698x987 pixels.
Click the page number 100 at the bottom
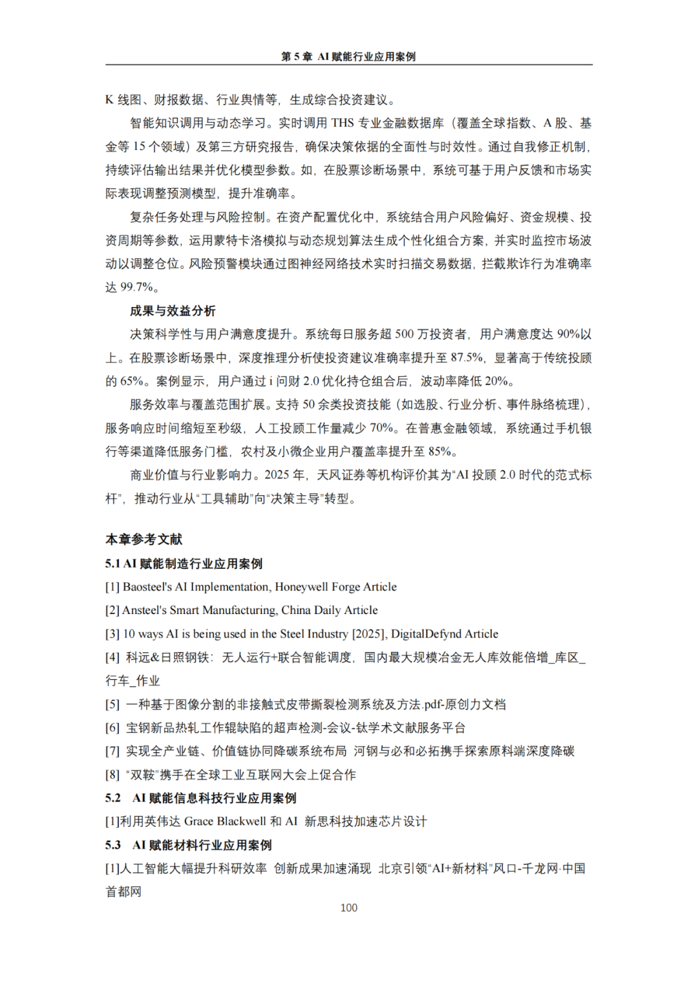pyautogui.click(x=348, y=907)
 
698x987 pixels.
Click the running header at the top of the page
pyautogui.click(x=348, y=57)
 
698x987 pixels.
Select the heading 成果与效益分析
pyautogui.click(x=173, y=311)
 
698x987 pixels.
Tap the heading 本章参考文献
pyautogui.click(x=144, y=539)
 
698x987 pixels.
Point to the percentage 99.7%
pyautogui.click(x=136, y=287)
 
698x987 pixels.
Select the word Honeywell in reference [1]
pyautogui.click(x=301, y=587)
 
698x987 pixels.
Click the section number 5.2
pyautogui.click(x=113, y=798)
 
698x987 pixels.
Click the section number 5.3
pyautogui.click(x=113, y=845)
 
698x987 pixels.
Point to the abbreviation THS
pyautogui.click(x=343, y=123)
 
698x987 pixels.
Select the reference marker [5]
pyautogui.click(x=112, y=705)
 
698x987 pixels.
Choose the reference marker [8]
pyautogui.click(x=112, y=775)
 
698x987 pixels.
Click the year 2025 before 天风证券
pyautogui.click(x=277, y=475)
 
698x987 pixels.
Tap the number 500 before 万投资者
pyautogui.click(x=404, y=334)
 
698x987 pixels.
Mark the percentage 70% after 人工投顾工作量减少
pyautogui.click(x=382, y=428)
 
